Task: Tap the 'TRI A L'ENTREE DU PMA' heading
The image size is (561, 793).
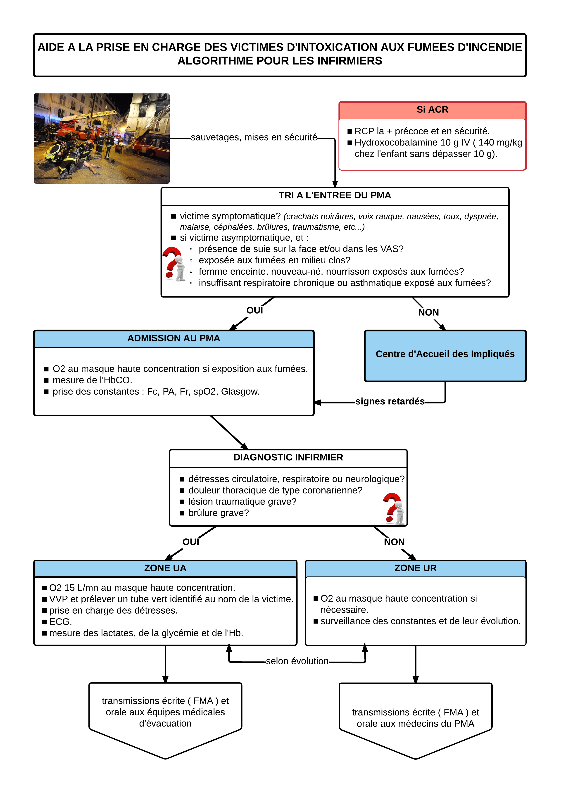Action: [335, 195]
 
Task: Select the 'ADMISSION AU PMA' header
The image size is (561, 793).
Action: [174, 338]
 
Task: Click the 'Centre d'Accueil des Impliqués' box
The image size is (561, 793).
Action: [445, 356]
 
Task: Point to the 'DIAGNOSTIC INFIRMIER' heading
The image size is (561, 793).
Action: [288, 457]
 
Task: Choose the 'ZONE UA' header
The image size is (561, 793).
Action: [165, 568]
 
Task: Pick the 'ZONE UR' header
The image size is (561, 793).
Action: [416, 568]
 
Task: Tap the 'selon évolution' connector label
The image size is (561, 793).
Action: [297, 661]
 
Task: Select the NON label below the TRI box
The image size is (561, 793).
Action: [428, 313]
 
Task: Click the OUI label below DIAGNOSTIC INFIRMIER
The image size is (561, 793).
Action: [191, 542]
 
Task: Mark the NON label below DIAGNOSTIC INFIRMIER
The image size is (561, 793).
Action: [394, 542]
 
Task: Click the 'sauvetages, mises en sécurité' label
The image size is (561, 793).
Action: [254, 138]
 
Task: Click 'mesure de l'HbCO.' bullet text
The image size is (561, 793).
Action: [93, 380]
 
